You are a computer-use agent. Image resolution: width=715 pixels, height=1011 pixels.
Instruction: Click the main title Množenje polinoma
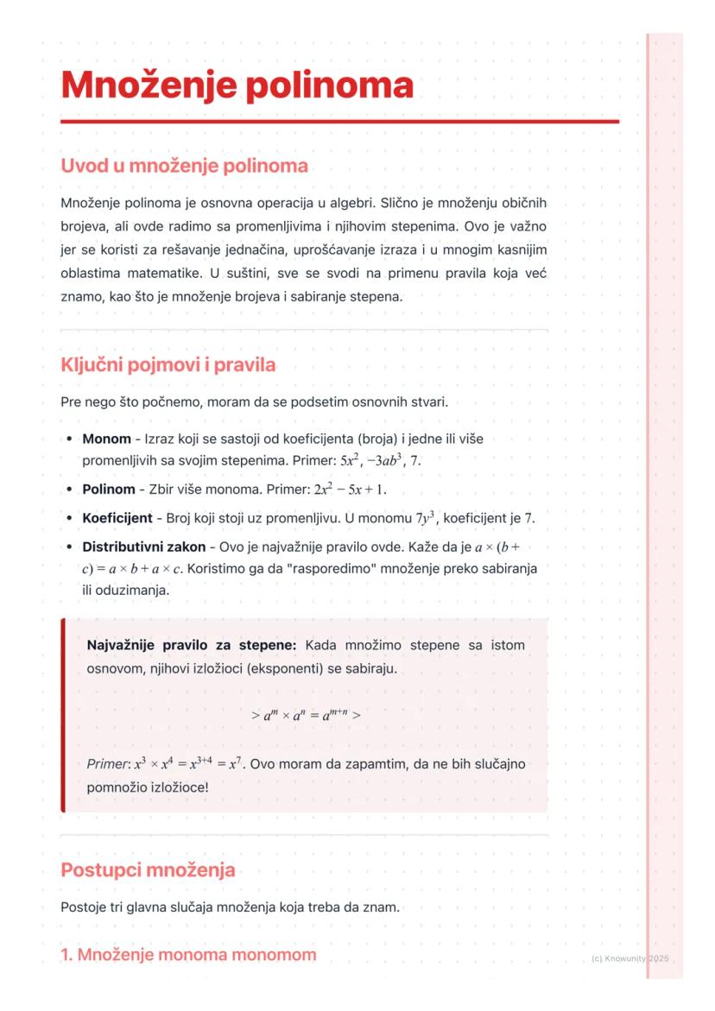pyautogui.click(x=237, y=85)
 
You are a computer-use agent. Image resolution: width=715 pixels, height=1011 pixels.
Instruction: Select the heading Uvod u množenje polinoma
pyautogui.click(x=184, y=165)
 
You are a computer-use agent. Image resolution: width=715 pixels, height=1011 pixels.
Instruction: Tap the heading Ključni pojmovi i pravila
pyautogui.click(x=168, y=364)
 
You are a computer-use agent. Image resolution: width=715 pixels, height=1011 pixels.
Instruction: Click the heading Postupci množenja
pyautogui.click(x=148, y=869)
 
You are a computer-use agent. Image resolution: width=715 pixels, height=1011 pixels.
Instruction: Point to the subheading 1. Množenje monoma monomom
pyautogui.click(x=188, y=955)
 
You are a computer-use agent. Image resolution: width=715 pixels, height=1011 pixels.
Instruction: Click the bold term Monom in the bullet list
pyautogui.click(x=106, y=439)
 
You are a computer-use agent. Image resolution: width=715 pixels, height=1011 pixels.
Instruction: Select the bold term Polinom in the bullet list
pyautogui.click(x=109, y=490)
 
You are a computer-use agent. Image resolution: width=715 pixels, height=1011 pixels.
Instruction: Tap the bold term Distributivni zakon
pyautogui.click(x=143, y=547)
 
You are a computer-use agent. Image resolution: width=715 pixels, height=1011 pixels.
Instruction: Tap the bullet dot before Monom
pyautogui.click(x=68, y=439)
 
